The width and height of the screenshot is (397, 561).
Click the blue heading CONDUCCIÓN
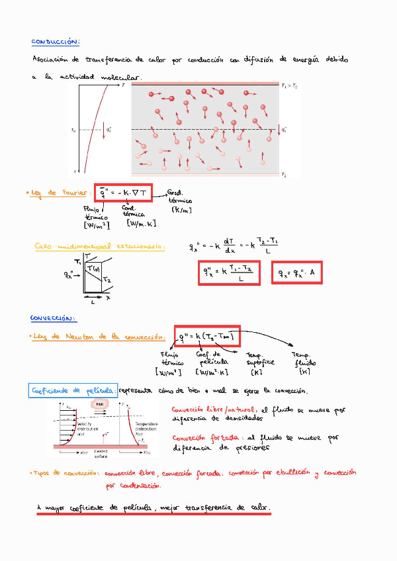(56, 42)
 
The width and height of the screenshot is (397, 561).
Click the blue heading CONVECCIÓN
(54, 318)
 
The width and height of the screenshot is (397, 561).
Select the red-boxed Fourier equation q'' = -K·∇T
(124, 193)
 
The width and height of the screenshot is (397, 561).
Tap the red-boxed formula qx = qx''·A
(297, 273)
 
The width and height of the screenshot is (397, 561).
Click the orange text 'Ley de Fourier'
(60, 193)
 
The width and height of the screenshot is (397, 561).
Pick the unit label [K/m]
(180, 210)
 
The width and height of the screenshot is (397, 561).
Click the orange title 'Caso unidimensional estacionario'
(100, 247)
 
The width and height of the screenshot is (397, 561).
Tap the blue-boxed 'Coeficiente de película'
(73, 391)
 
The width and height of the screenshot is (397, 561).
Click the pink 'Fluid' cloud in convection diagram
(100, 404)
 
